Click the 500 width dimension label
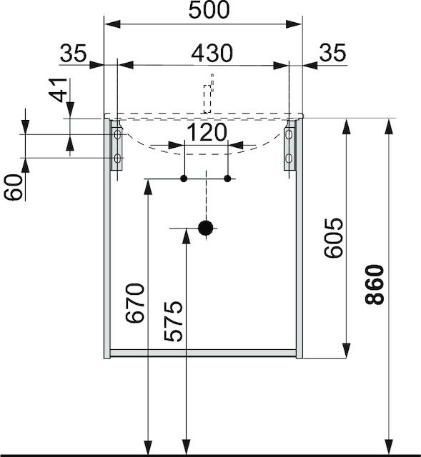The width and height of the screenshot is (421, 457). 209,11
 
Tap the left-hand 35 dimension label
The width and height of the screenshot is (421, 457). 73,53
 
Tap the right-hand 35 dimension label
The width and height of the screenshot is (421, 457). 332,53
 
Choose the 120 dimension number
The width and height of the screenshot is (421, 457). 207,133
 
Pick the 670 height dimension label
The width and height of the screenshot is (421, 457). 136,303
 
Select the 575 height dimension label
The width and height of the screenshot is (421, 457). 174,321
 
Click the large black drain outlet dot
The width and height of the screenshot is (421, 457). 206,228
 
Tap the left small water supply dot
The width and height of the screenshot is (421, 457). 184,178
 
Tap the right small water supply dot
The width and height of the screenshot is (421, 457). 227,178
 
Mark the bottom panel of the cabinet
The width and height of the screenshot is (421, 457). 203,353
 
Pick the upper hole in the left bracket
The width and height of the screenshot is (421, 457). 117,134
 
